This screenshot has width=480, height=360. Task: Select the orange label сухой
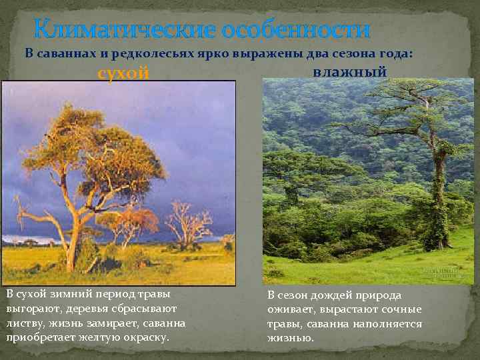click(124, 73)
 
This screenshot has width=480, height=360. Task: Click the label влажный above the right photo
click(349, 71)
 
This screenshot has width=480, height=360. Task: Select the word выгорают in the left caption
click(29, 309)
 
